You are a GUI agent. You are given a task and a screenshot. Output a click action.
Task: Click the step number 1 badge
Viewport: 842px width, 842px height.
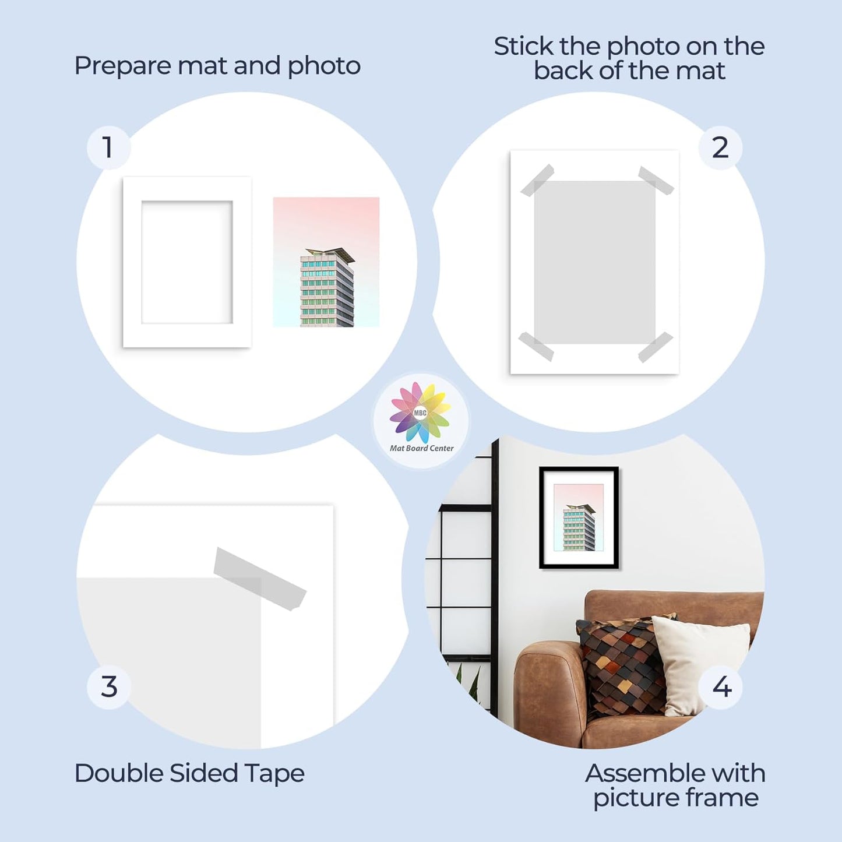[x=108, y=147]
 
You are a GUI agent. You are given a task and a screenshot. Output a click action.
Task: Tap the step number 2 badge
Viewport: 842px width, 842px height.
[x=720, y=148]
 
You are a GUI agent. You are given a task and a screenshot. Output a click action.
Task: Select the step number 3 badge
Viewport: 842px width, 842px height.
[x=109, y=686]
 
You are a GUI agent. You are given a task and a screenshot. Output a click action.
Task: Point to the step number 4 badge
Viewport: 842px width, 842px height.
[x=721, y=687]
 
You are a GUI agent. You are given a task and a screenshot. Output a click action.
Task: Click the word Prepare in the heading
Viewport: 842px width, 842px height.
[x=122, y=66]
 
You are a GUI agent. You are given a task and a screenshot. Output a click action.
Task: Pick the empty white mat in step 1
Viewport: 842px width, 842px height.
[x=186, y=262]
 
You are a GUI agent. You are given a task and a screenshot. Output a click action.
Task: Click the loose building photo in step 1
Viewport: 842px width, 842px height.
[x=326, y=262]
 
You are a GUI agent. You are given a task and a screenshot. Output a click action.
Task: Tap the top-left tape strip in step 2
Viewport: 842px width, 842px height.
[x=537, y=180]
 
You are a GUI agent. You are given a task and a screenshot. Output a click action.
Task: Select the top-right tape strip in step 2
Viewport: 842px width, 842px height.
[x=656, y=180]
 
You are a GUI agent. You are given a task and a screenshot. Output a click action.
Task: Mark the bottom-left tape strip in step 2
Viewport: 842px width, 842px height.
[x=536, y=346]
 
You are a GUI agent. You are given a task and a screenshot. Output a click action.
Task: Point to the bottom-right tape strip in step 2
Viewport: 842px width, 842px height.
[x=656, y=347]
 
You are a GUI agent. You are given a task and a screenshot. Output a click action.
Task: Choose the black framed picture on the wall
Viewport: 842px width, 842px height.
[x=579, y=517]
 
